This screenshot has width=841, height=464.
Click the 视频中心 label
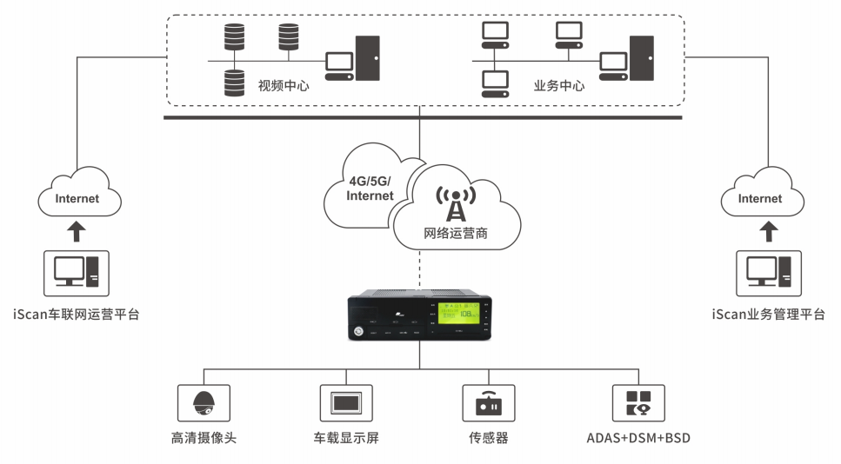click(284, 86)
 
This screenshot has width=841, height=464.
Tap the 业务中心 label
click(558, 86)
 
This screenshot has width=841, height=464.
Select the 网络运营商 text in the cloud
click(455, 233)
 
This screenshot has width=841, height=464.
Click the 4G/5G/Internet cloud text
click(370, 188)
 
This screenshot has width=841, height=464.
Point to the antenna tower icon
click(455, 202)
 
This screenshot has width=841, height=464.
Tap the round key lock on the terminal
click(360, 330)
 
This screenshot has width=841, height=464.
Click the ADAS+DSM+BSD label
click(638, 437)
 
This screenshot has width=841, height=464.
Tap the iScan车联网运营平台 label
click(77, 315)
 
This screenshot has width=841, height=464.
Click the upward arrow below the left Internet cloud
click(77, 231)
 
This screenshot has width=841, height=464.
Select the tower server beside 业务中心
click(641, 58)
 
